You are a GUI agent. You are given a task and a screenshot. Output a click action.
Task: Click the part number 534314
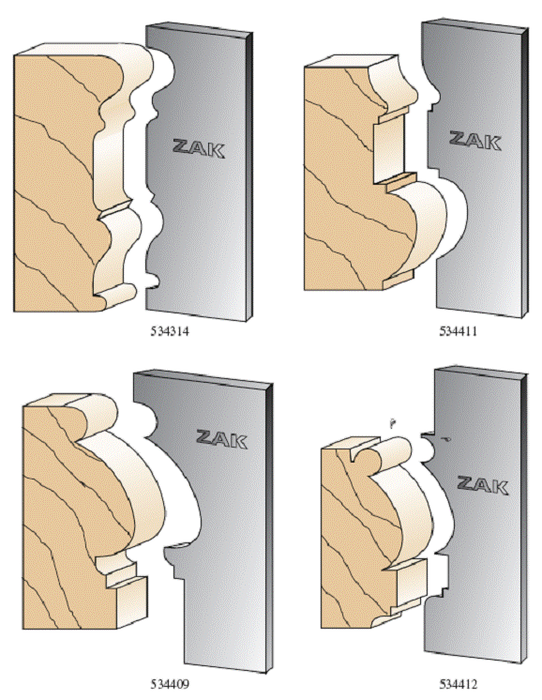170,331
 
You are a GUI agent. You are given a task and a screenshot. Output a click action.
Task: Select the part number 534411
459,331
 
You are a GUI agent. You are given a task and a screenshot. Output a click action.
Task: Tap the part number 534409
170,684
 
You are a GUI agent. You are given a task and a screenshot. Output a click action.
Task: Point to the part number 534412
459,684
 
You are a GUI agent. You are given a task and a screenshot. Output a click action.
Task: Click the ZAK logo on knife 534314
199,148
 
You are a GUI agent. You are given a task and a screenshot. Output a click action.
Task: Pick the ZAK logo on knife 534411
475,141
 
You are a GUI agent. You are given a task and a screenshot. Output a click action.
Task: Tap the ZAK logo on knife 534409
221,439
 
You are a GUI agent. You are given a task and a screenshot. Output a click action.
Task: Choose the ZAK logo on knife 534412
483,485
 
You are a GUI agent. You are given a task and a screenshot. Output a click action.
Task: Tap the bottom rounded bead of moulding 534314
117,295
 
